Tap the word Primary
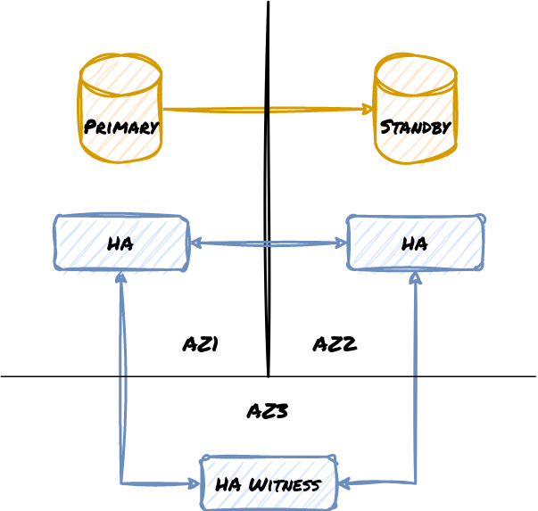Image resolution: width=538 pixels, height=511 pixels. click(x=120, y=127)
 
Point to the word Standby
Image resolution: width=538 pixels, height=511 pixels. click(x=415, y=127)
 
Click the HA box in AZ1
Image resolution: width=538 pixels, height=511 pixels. click(x=121, y=243)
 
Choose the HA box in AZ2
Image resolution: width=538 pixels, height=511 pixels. click(x=415, y=243)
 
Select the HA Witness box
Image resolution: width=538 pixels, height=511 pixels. click(x=269, y=484)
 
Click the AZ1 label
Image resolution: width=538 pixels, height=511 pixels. click(x=201, y=344)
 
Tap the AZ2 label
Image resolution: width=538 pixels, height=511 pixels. click(x=335, y=344)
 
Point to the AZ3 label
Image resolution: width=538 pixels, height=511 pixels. click(x=267, y=411)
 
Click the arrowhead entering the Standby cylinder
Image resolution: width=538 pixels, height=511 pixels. click(x=368, y=110)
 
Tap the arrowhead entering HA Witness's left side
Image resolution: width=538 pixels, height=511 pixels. click(x=195, y=484)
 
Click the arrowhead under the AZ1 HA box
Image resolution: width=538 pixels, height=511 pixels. click(x=120, y=276)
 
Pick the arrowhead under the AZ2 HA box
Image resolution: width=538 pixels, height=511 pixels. click(x=415, y=276)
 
